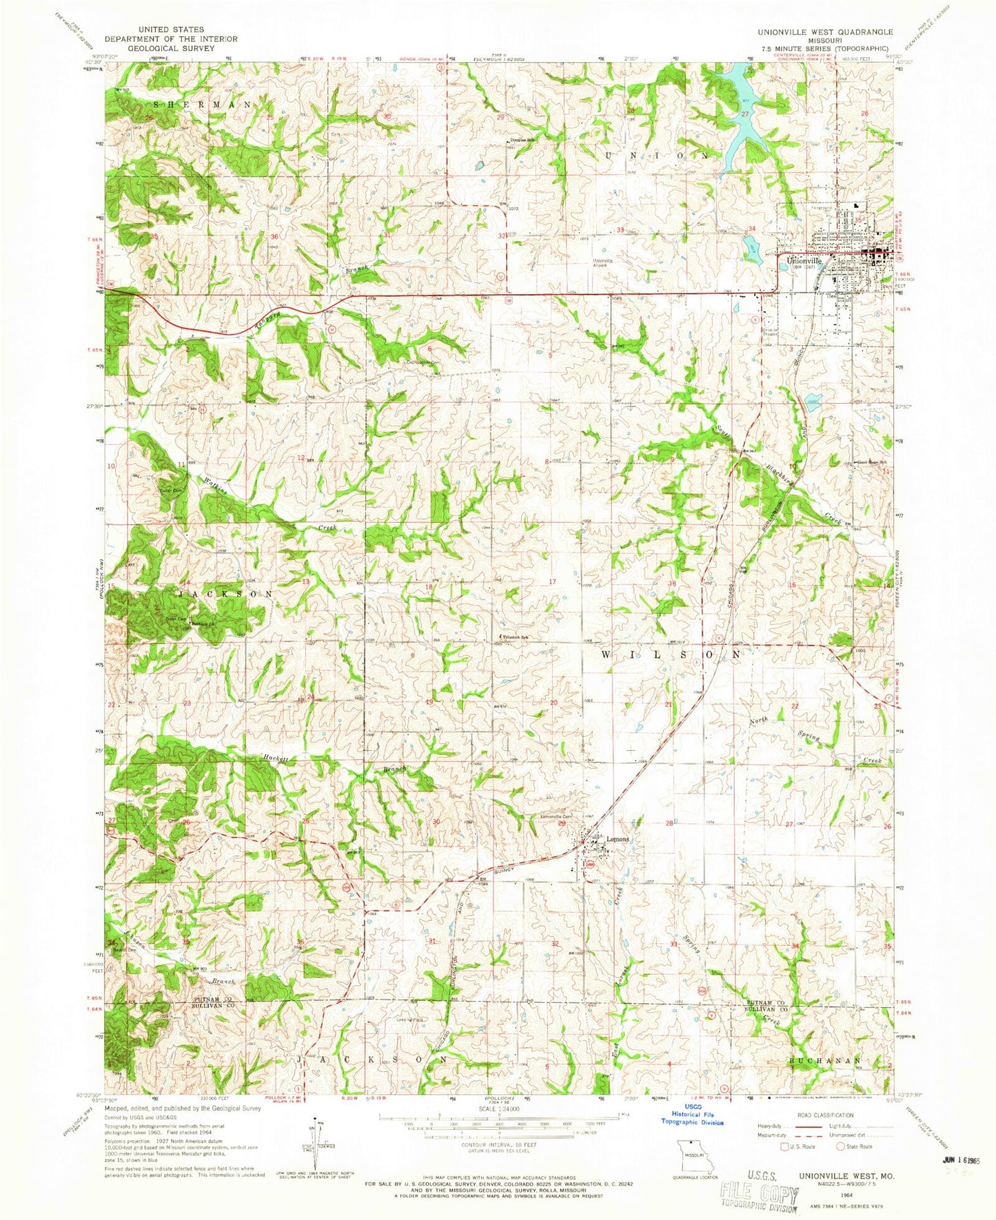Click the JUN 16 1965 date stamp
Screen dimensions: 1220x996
point(959,1159)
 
